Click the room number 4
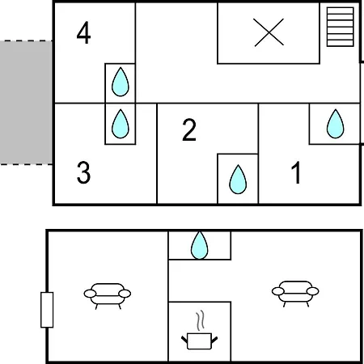coord(83,32)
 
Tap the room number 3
coord(83,172)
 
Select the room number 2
coord(189,129)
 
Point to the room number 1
coord(296,172)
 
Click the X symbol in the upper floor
coord(269,32)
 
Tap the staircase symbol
coord(340,27)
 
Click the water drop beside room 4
coord(121,82)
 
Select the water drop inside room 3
coord(121,124)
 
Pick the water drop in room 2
coord(238,180)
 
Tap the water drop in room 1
coord(335,124)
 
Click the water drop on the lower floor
coord(200,245)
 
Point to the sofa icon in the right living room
coord(295,294)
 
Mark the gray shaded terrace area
coord(26,103)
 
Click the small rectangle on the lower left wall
coord(47,310)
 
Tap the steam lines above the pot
coord(200,321)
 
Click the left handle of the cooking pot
coord(184,340)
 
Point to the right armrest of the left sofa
coord(125,294)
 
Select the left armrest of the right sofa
coord(278,291)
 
